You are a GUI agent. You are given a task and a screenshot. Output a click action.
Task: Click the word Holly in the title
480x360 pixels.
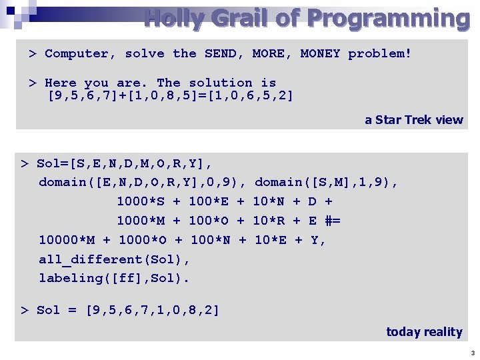tap(174, 18)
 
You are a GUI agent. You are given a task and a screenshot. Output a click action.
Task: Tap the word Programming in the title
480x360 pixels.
tap(388, 18)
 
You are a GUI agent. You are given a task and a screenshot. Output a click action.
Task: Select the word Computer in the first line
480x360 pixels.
tap(80, 53)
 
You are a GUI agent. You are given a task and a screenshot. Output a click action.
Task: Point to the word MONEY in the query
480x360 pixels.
tap(320, 53)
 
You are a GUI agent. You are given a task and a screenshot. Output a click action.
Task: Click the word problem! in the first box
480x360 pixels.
tap(379, 53)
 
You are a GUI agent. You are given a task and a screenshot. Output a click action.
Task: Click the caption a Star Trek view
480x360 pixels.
tap(413, 120)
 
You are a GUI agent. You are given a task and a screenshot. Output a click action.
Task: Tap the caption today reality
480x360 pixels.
tap(424, 331)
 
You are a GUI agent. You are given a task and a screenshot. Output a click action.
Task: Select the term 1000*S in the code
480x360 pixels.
tap(141, 201)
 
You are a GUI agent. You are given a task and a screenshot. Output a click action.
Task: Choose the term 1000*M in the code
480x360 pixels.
tap(141, 221)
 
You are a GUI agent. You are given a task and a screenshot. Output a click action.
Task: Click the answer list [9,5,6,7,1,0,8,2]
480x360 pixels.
tap(153, 310)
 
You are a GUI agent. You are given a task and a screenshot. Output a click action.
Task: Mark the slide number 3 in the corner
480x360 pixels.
tap(472, 353)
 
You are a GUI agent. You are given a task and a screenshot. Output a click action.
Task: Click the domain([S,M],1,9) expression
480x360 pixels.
tap(326, 182)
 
